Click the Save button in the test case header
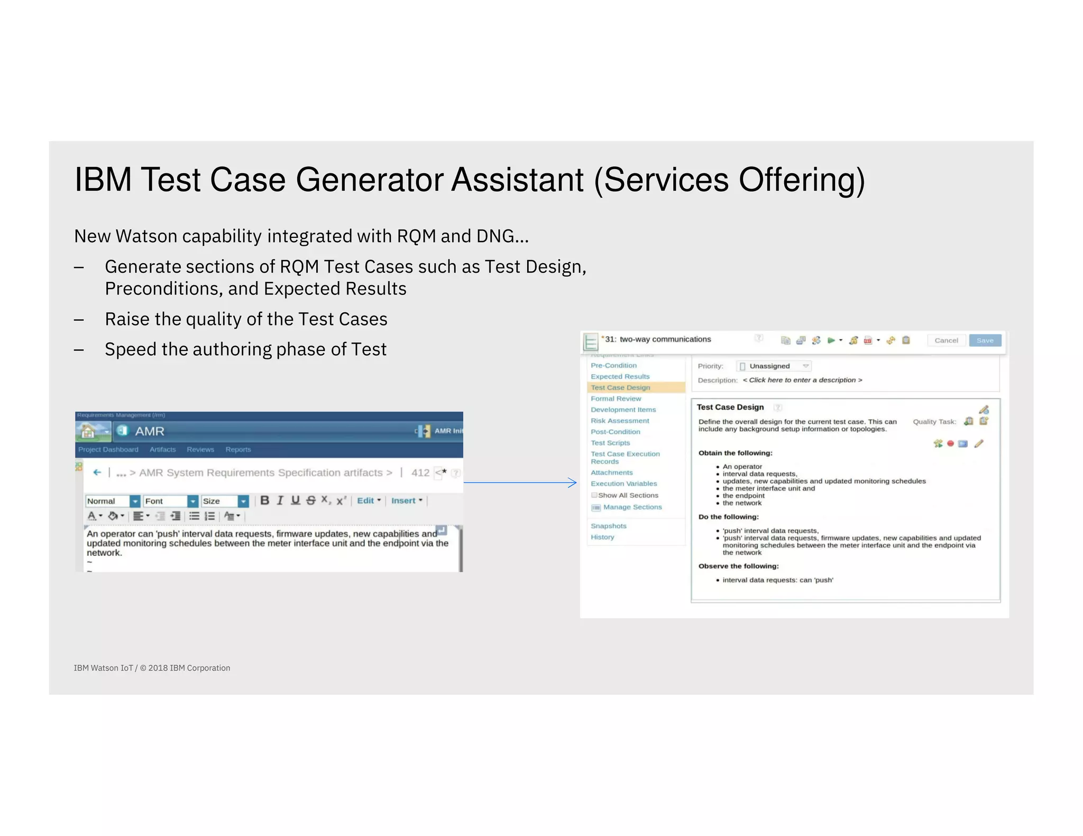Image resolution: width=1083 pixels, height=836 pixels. [x=985, y=340]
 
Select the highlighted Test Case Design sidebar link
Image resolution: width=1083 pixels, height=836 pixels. [x=620, y=387]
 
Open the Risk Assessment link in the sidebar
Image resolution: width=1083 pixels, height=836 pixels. [x=620, y=421]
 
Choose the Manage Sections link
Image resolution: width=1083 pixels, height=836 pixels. [x=632, y=507]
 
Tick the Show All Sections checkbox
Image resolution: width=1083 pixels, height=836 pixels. [x=594, y=495]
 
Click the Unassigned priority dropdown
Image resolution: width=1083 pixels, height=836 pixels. [x=774, y=366]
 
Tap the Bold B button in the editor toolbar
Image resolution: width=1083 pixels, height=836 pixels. [x=265, y=500]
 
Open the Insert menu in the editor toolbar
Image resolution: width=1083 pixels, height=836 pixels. [x=406, y=500]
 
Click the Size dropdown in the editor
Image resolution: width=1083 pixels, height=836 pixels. [x=225, y=501]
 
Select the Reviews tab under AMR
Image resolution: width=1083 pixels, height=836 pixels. [x=200, y=449]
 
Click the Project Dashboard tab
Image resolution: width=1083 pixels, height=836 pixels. [x=108, y=449]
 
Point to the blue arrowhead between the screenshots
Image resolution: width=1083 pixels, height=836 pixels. [x=573, y=482]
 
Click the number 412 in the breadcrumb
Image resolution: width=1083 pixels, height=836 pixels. [x=420, y=472]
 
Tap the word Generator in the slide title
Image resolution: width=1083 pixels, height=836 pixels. [x=370, y=180]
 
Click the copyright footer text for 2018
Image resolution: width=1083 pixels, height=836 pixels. [x=152, y=668]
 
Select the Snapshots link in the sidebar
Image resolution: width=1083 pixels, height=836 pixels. [x=608, y=526]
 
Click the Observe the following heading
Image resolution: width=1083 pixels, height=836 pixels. [x=738, y=566]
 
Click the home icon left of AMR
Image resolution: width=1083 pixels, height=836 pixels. [x=88, y=431]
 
